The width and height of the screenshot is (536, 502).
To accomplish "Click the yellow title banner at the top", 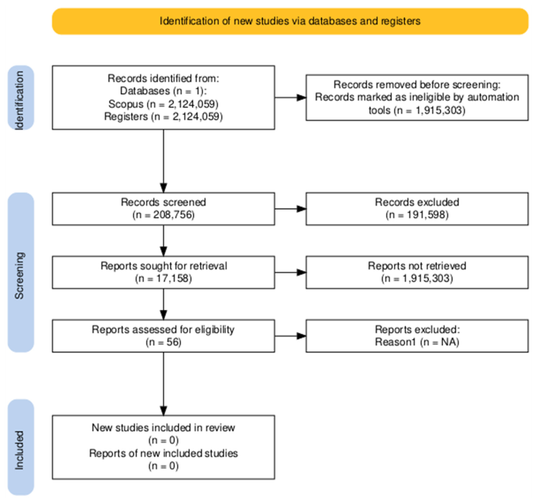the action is [x=290, y=21].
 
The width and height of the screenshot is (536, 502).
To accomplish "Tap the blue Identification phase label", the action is [x=21, y=98].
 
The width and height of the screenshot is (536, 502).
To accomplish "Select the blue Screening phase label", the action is [x=21, y=272].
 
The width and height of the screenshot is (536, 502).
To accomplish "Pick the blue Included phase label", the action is [x=21, y=447].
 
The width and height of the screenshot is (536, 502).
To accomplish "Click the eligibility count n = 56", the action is [x=163, y=342].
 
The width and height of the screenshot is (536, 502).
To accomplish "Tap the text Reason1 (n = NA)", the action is [x=417, y=342].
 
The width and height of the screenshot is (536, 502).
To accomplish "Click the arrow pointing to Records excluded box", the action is [x=290, y=209].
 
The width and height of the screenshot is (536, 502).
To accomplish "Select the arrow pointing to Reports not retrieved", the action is [x=290, y=272].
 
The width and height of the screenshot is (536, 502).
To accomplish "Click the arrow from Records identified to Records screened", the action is [x=163, y=161].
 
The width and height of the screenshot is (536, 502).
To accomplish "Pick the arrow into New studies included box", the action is [x=163, y=384].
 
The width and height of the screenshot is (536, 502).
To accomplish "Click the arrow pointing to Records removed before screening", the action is [x=290, y=97].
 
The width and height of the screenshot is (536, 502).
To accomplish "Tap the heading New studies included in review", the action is [x=163, y=428].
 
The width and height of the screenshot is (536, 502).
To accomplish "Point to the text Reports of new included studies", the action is [x=163, y=453].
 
